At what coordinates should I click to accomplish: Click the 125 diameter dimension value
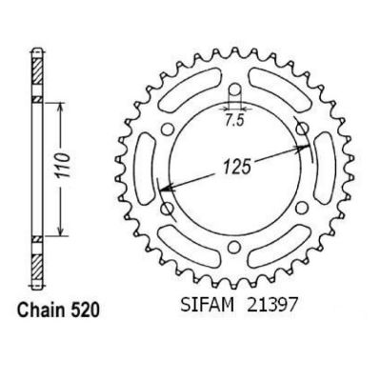(236, 167)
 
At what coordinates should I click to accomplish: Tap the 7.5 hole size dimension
(234, 121)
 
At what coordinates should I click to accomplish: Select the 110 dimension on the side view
(64, 167)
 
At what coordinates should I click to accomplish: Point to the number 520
(81, 310)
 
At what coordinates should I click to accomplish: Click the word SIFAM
(208, 305)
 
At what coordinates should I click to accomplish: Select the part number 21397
(271, 305)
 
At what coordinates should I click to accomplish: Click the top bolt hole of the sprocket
(234, 90)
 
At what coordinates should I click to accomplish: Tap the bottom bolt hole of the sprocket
(234, 247)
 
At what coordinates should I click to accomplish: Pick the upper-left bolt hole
(168, 129)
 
